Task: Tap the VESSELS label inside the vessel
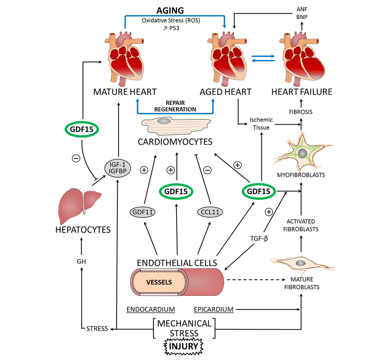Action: (159, 281)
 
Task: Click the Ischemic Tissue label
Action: (261, 123)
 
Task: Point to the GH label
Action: (81, 261)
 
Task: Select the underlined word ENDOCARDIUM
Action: (151, 309)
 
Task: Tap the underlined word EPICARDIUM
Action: (214, 309)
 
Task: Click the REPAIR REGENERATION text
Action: (175, 106)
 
